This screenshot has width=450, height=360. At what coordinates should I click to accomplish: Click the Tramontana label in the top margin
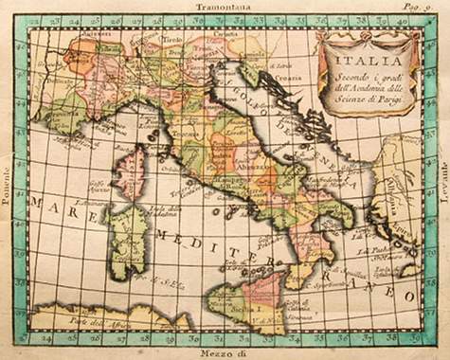pos(224,6)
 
